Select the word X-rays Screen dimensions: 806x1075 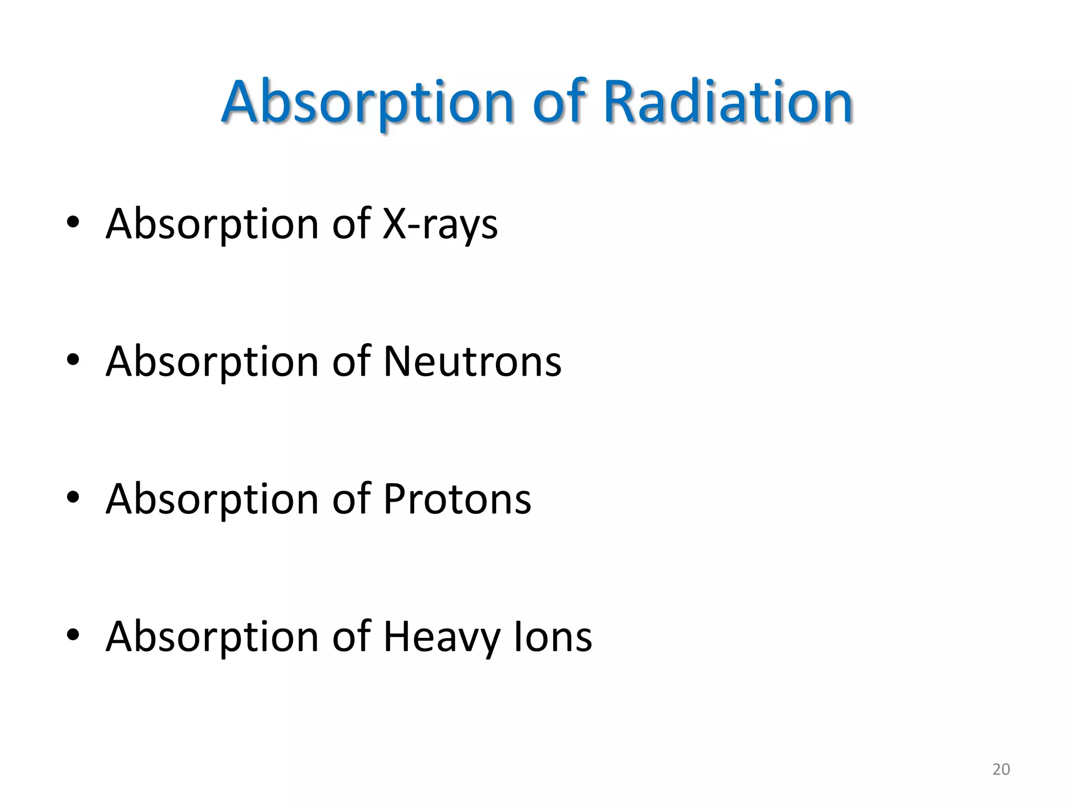tap(440, 225)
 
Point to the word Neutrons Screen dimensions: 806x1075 tap(472, 362)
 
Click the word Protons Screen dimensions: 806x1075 tap(457, 499)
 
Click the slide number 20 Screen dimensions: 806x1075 tap(1000, 769)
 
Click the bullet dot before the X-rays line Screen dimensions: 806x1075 tap(73, 222)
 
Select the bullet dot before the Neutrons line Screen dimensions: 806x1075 tap(73, 360)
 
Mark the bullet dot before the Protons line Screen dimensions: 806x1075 tap(73, 497)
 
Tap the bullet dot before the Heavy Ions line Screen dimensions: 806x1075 tap(73, 635)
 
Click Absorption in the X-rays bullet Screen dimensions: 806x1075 tap(212, 225)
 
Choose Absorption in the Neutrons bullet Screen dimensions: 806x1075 tap(212, 363)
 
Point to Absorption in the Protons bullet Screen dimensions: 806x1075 tap(212, 500)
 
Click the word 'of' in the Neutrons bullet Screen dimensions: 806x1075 tap(351, 362)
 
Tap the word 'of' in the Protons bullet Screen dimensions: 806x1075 tap(351, 499)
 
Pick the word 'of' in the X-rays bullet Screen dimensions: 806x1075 tap(351, 224)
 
